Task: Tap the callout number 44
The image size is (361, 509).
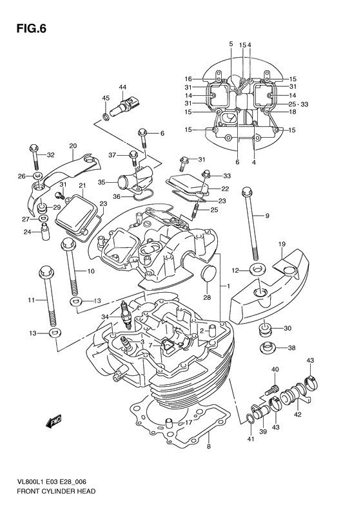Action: (122, 87)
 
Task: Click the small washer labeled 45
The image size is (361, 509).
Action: (106, 118)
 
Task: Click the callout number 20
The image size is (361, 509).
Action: (73, 145)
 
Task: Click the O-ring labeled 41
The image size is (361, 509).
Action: (250, 420)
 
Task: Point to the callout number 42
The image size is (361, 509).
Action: (297, 416)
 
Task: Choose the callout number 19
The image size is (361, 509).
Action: (282, 245)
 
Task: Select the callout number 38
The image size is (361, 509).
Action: (291, 347)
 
